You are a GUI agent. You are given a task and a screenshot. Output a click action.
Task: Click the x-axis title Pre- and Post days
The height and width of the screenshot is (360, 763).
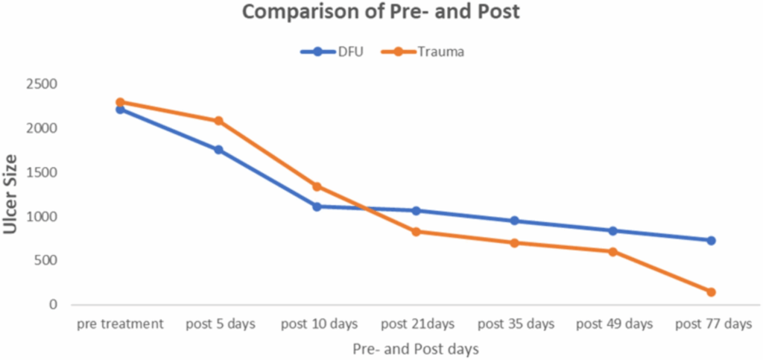415,348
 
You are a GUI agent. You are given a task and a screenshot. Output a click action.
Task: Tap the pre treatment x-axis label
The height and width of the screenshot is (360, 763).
119,325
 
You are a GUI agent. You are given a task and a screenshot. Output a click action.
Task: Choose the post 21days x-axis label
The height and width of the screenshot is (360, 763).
416,325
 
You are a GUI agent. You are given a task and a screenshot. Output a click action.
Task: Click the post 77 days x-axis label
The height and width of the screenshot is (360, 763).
711,325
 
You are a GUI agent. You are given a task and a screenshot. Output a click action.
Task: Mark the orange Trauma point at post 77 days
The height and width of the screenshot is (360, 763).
711,292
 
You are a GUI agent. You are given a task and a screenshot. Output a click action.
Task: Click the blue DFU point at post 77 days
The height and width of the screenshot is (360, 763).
711,241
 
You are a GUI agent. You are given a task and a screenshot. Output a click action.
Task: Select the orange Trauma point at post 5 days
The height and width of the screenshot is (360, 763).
218,121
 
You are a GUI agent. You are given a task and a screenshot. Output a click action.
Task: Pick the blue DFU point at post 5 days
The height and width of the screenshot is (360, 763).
218,150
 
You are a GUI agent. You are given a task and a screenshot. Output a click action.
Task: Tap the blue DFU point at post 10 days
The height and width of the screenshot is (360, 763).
317,206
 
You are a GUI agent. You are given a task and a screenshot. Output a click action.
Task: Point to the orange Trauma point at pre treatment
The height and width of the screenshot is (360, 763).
120,102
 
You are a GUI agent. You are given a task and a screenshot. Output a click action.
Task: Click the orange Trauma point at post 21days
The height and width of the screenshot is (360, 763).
416,232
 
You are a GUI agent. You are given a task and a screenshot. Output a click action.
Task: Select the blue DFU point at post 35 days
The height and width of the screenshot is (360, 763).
514,221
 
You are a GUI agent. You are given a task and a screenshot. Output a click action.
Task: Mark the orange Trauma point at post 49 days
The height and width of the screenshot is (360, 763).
612,252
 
